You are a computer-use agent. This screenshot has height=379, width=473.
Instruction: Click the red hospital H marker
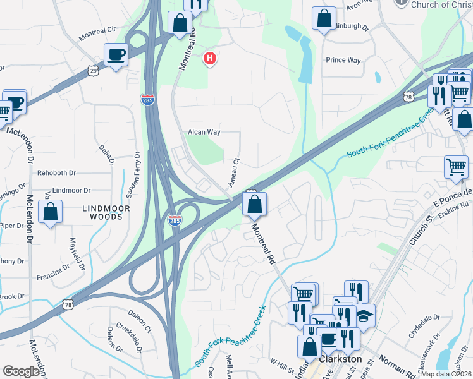coord(209,59)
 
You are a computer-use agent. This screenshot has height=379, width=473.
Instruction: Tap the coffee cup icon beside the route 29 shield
coord(116,54)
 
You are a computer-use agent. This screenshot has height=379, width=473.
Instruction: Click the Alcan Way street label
coord(204,133)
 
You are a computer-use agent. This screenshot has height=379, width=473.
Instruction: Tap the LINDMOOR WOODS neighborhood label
coord(106,212)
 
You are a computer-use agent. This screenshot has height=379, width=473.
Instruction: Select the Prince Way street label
coord(343,61)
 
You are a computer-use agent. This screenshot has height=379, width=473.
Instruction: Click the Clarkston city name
coord(341,359)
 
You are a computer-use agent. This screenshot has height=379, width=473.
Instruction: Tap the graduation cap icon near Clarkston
coord(364,315)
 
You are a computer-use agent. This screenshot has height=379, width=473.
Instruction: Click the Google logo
coord(21,371)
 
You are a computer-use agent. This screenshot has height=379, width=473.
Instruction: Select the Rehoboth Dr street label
coord(56,172)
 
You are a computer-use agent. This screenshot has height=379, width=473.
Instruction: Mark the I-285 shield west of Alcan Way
coord(147,101)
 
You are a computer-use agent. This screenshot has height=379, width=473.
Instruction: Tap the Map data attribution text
coord(445,374)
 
